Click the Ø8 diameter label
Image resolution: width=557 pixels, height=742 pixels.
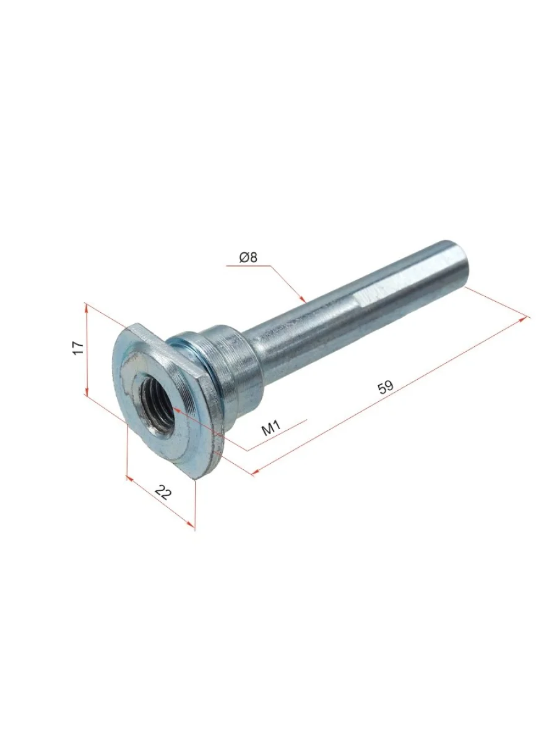coord(248,258)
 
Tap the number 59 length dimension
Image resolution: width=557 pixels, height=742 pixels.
coord(386,388)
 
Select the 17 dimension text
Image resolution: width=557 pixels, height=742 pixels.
coord(78,348)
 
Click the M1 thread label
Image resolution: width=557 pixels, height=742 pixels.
coord(271,428)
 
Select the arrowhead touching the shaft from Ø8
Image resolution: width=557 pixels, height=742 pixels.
coord(303,299)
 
